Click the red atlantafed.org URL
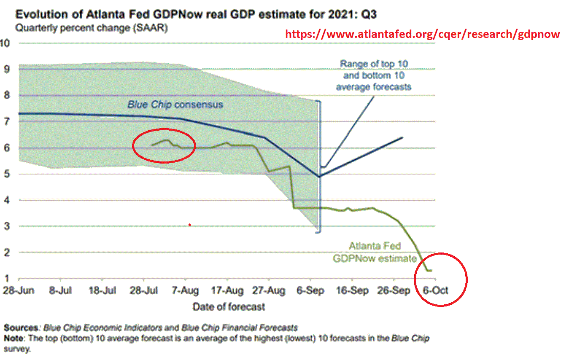pyautogui.click(x=422, y=35)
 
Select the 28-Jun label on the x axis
pyautogui.click(x=19, y=291)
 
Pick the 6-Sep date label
pyautogui.click(x=310, y=291)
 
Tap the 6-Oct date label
pyautogui.click(x=434, y=291)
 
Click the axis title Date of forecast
pyautogui.click(x=229, y=306)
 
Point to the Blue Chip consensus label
pyautogui.click(x=175, y=105)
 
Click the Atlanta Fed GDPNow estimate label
pyautogui.click(x=375, y=252)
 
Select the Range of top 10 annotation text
pyautogui.click(x=374, y=75)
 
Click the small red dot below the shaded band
pyautogui.click(x=190, y=225)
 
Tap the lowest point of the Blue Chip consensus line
pyautogui.click(x=319, y=176)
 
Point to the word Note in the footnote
pyautogui.click(x=14, y=338)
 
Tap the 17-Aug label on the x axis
pyautogui.click(x=227, y=291)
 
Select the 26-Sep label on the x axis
pyautogui.click(x=394, y=291)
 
